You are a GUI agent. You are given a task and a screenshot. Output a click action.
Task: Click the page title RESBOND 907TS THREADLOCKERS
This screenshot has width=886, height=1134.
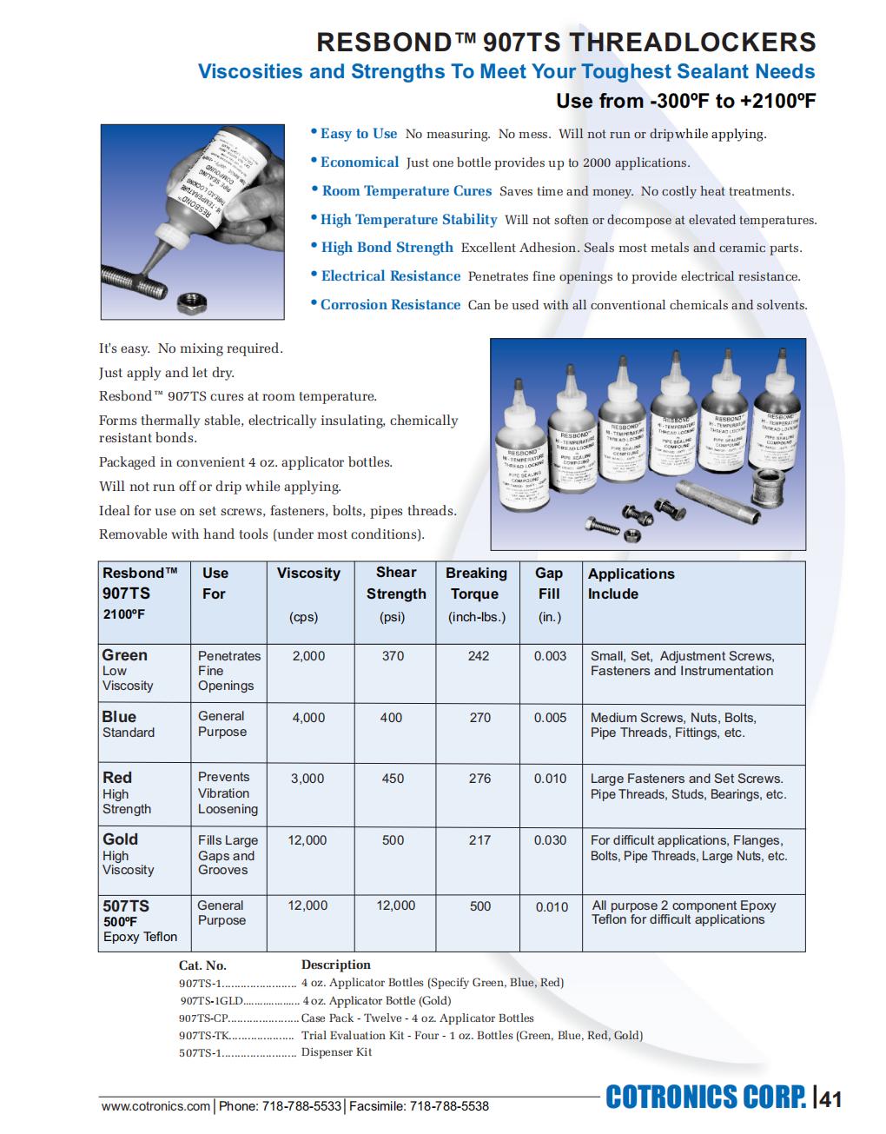(x=565, y=42)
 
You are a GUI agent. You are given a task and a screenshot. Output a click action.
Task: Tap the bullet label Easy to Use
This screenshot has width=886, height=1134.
(x=358, y=134)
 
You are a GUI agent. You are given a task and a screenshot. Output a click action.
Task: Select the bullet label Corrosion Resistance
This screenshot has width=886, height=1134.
(x=390, y=305)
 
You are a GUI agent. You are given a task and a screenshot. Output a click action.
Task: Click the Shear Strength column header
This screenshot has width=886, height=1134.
(x=396, y=583)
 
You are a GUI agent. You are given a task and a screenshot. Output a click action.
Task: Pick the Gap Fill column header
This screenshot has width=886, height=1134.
(x=549, y=583)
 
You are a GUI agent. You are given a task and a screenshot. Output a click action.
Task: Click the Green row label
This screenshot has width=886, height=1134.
(x=124, y=655)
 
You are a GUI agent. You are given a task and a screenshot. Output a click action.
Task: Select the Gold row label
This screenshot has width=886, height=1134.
(x=120, y=839)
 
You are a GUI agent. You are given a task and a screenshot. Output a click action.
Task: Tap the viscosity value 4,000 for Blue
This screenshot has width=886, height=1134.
(x=308, y=718)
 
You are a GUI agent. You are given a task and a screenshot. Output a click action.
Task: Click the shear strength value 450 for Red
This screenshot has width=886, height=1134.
(x=393, y=779)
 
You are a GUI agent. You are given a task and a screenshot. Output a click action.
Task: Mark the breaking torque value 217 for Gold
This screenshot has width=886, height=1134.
(x=479, y=840)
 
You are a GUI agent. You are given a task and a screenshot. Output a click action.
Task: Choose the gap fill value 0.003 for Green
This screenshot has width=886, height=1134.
(x=550, y=656)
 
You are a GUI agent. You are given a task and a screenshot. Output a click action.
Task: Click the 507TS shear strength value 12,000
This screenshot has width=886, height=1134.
(x=395, y=905)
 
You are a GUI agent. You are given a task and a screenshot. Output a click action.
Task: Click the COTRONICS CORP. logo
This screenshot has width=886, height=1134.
(x=705, y=1098)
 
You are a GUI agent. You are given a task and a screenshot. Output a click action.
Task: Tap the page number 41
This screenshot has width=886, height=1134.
(x=831, y=1099)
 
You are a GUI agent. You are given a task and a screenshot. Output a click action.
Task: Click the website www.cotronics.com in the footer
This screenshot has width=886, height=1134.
(x=155, y=1106)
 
